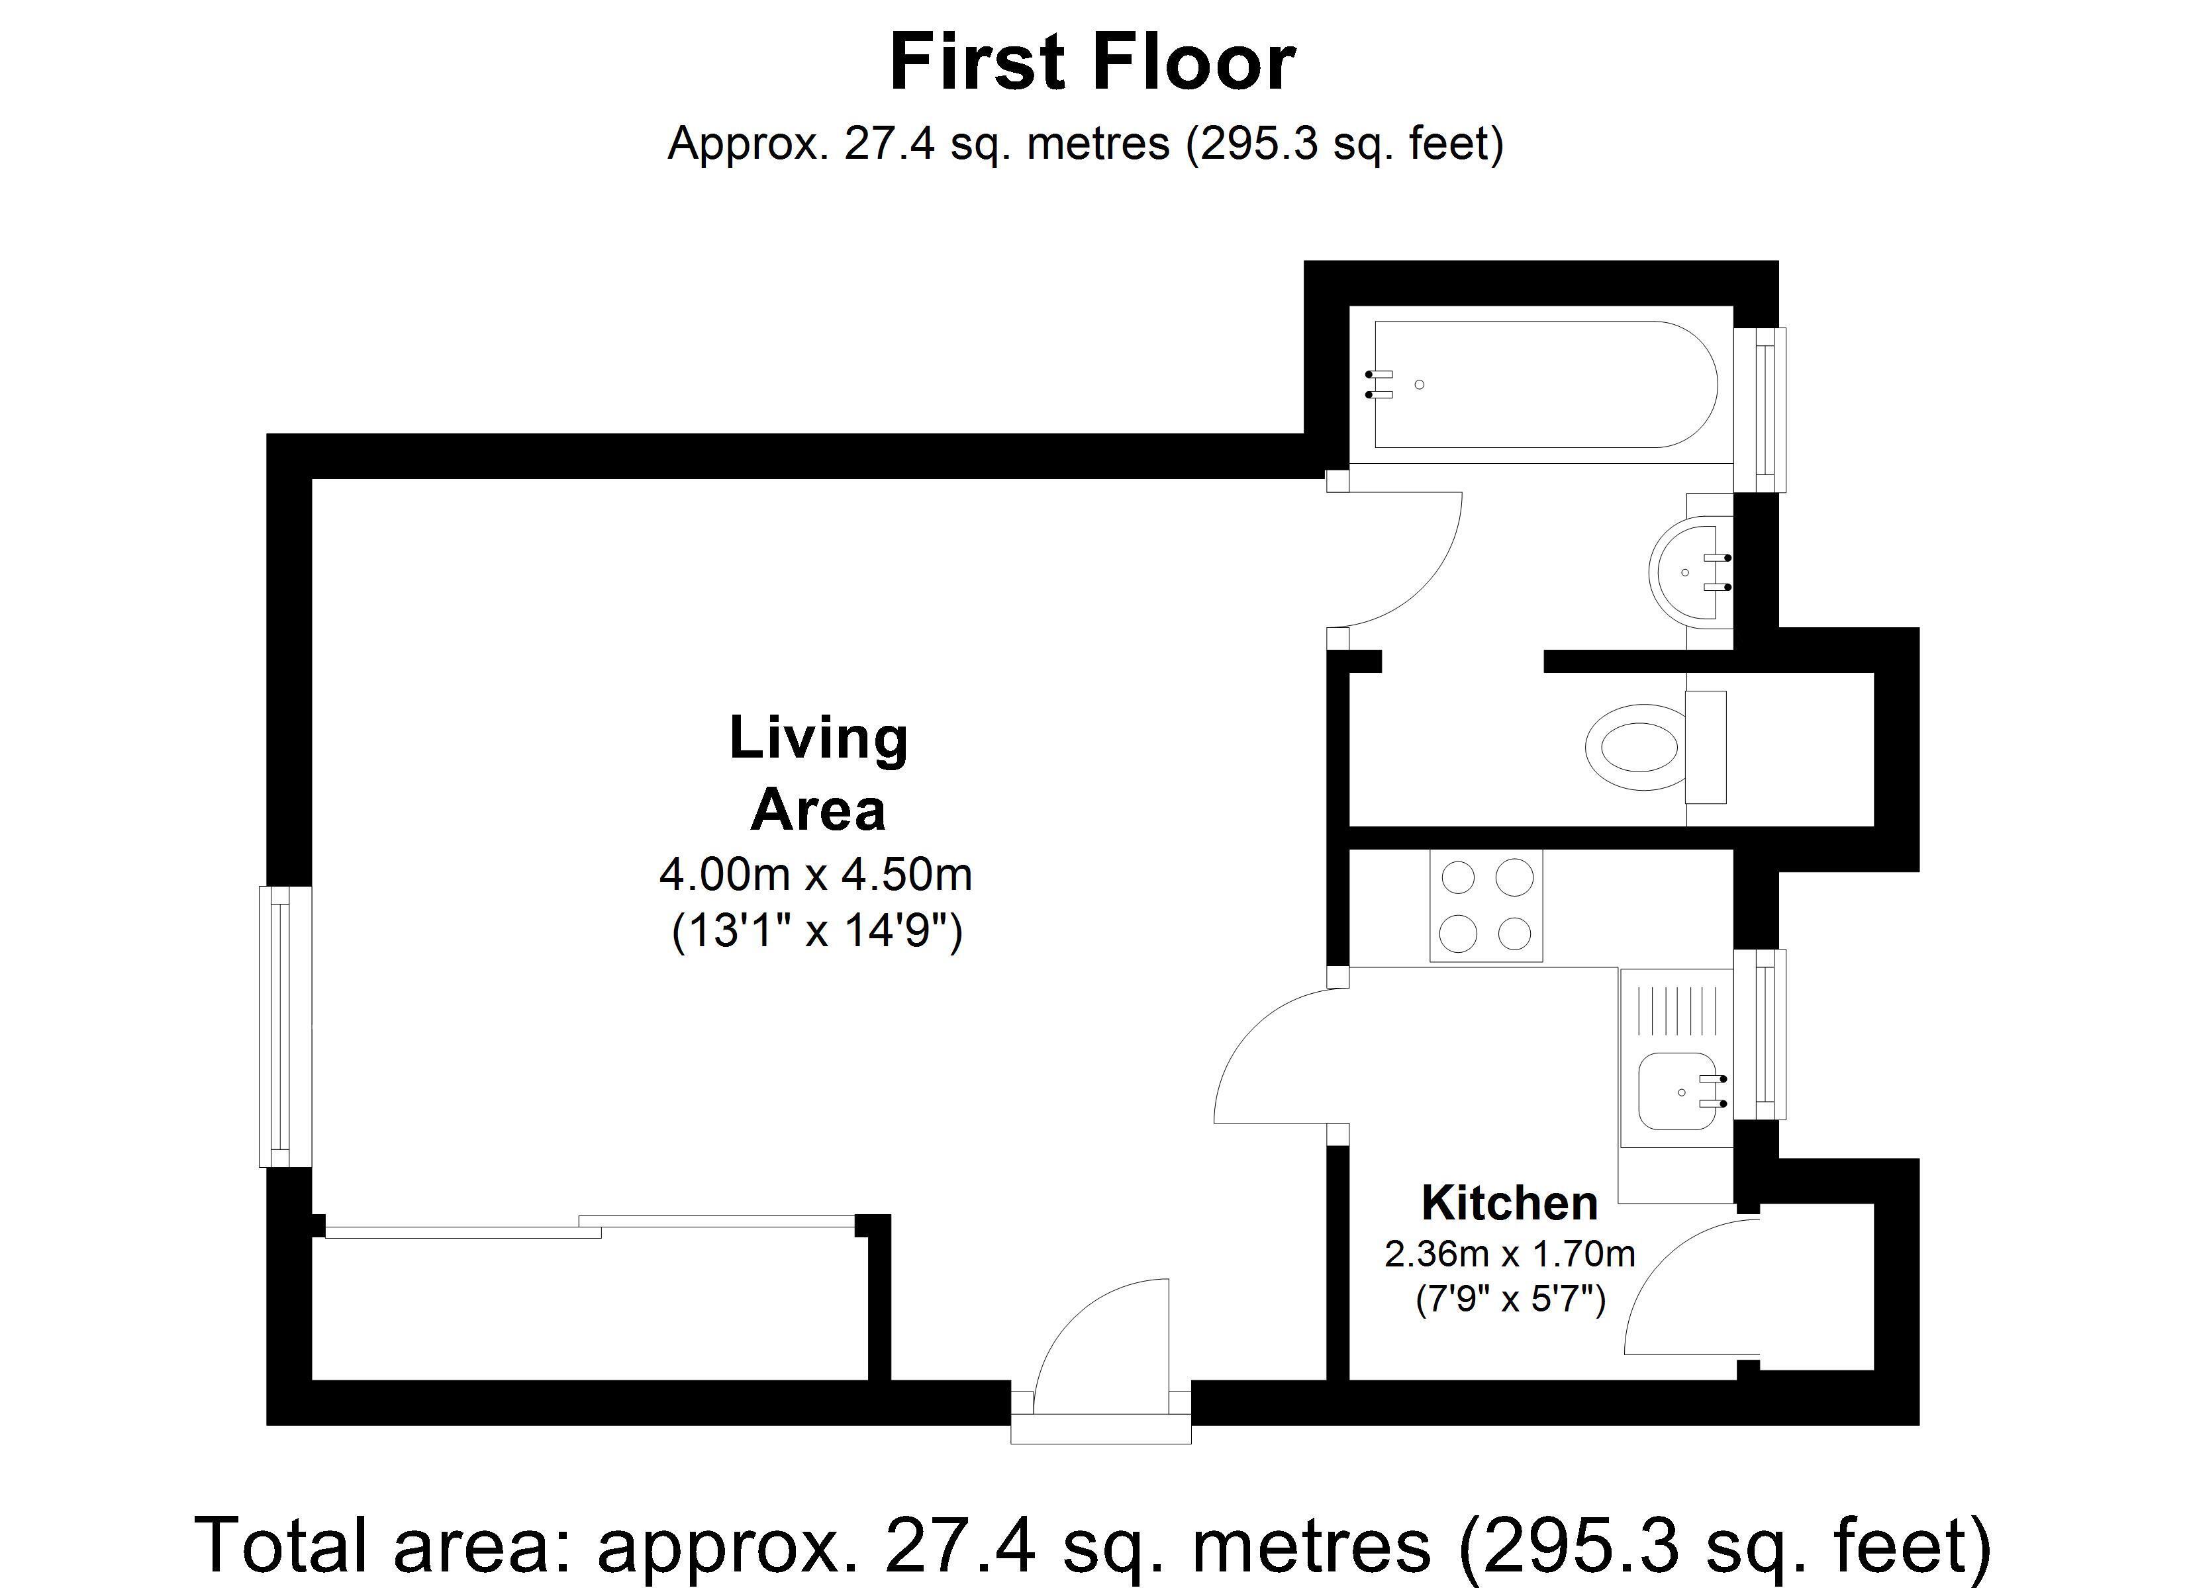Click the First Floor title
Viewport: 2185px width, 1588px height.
tap(1092, 64)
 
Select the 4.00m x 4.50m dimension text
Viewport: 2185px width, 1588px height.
tap(815, 875)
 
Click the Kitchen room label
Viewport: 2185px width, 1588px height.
tap(1510, 1204)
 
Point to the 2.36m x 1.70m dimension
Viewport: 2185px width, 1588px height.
tap(1510, 1254)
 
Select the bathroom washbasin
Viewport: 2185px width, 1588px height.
tap(1688, 572)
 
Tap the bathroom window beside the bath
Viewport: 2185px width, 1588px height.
tap(1761, 410)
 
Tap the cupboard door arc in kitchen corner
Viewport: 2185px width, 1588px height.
tap(1681, 1286)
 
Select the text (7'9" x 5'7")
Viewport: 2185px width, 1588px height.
tap(1510, 1301)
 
